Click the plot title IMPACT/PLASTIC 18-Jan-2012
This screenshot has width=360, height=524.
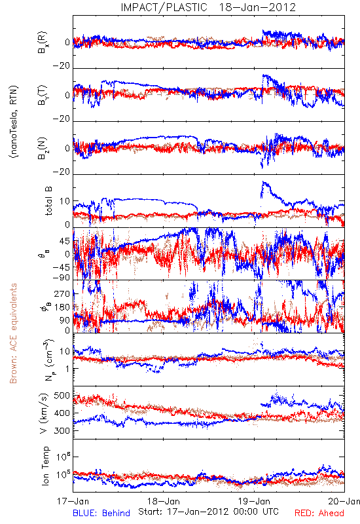tap(208, 7)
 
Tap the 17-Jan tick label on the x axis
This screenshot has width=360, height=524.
tap(73, 501)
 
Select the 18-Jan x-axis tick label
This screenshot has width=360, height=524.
tap(164, 501)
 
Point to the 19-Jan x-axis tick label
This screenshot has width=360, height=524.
tap(254, 501)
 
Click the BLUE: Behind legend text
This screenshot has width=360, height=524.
tap(101, 513)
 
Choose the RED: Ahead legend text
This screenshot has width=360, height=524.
tap(319, 513)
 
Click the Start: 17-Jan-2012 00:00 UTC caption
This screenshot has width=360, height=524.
tap(208, 512)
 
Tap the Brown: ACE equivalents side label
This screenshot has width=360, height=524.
tap(13, 333)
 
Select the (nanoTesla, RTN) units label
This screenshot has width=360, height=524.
tap(14, 122)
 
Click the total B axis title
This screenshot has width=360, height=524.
tap(48, 201)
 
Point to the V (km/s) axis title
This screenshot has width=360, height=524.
tap(44, 413)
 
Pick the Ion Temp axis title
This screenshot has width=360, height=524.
tap(45, 466)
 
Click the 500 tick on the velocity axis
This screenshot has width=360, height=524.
tap(62, 396)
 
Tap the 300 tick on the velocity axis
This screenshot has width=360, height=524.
tap(62, 431)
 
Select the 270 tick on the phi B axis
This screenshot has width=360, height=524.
tap(62, 294)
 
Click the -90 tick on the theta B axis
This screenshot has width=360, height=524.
tap(62, 278)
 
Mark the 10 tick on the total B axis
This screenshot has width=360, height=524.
tap(65, 201)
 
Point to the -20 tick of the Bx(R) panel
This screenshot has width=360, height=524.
tap(62, 66)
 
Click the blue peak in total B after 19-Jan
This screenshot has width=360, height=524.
tap(264, 183)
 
